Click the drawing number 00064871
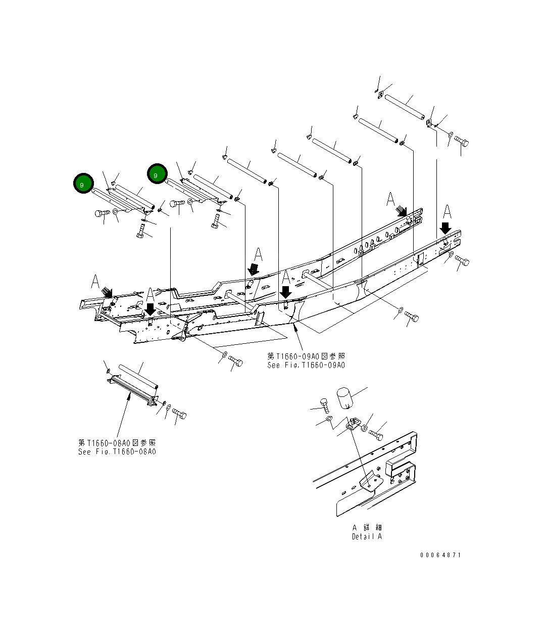point(440,555)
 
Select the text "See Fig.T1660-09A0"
point(306,365)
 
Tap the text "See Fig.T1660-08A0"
point(117,451)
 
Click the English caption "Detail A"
point(367,536)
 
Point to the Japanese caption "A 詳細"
point(367,527)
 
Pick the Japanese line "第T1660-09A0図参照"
point(306,356)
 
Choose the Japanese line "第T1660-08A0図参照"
point(117,443)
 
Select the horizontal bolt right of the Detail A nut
point(376,433)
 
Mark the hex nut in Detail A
point(364,428)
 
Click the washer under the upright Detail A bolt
point(329,419)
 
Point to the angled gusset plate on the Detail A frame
point(372,481)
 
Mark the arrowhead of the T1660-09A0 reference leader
point(294,328)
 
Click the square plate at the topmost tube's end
point(381,96)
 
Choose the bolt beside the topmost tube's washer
point(462,141)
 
